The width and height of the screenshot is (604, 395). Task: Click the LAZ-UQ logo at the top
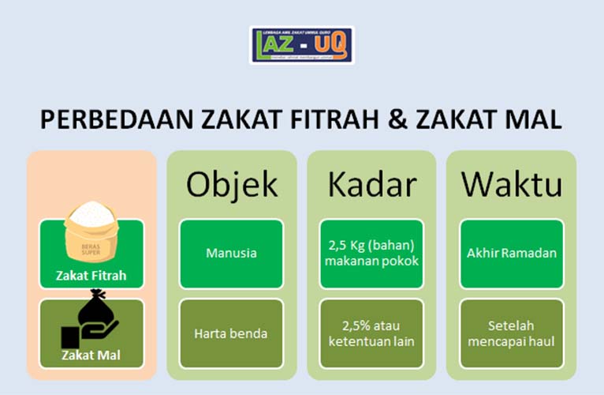click(x=302, y=46)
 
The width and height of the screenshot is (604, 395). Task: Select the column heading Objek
click(x=232, y=184)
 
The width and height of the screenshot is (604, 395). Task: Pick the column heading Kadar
click(x=371, y=184)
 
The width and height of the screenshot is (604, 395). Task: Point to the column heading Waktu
click(x=511, y=184)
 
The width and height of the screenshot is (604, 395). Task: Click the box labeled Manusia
click(x=231, y=254)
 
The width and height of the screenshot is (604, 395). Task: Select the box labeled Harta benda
click(x=231, y=333)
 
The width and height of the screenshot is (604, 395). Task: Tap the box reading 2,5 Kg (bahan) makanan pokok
click(x=371, y=254)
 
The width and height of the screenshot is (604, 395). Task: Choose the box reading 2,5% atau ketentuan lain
click(x=371, y=333)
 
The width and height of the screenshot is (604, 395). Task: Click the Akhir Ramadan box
click(x=511, y=254)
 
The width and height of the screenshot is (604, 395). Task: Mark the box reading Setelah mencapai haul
click(x=511, y=333)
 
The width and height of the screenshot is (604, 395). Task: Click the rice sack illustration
click(x=92, y=233)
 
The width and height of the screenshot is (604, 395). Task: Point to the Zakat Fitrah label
click(x=91, y=276)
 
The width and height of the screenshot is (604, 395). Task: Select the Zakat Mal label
click(x=91, y=355)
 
